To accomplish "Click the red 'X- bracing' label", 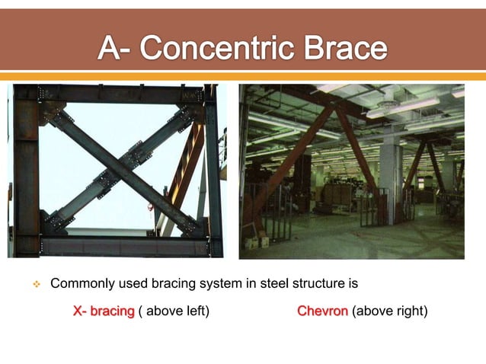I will [104, 311].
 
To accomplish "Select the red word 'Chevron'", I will [322, 311].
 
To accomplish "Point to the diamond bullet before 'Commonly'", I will [35, 285].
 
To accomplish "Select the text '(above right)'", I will [389, 311].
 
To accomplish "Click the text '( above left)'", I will [174, 311].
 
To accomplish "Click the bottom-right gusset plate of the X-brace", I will [187, 224].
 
